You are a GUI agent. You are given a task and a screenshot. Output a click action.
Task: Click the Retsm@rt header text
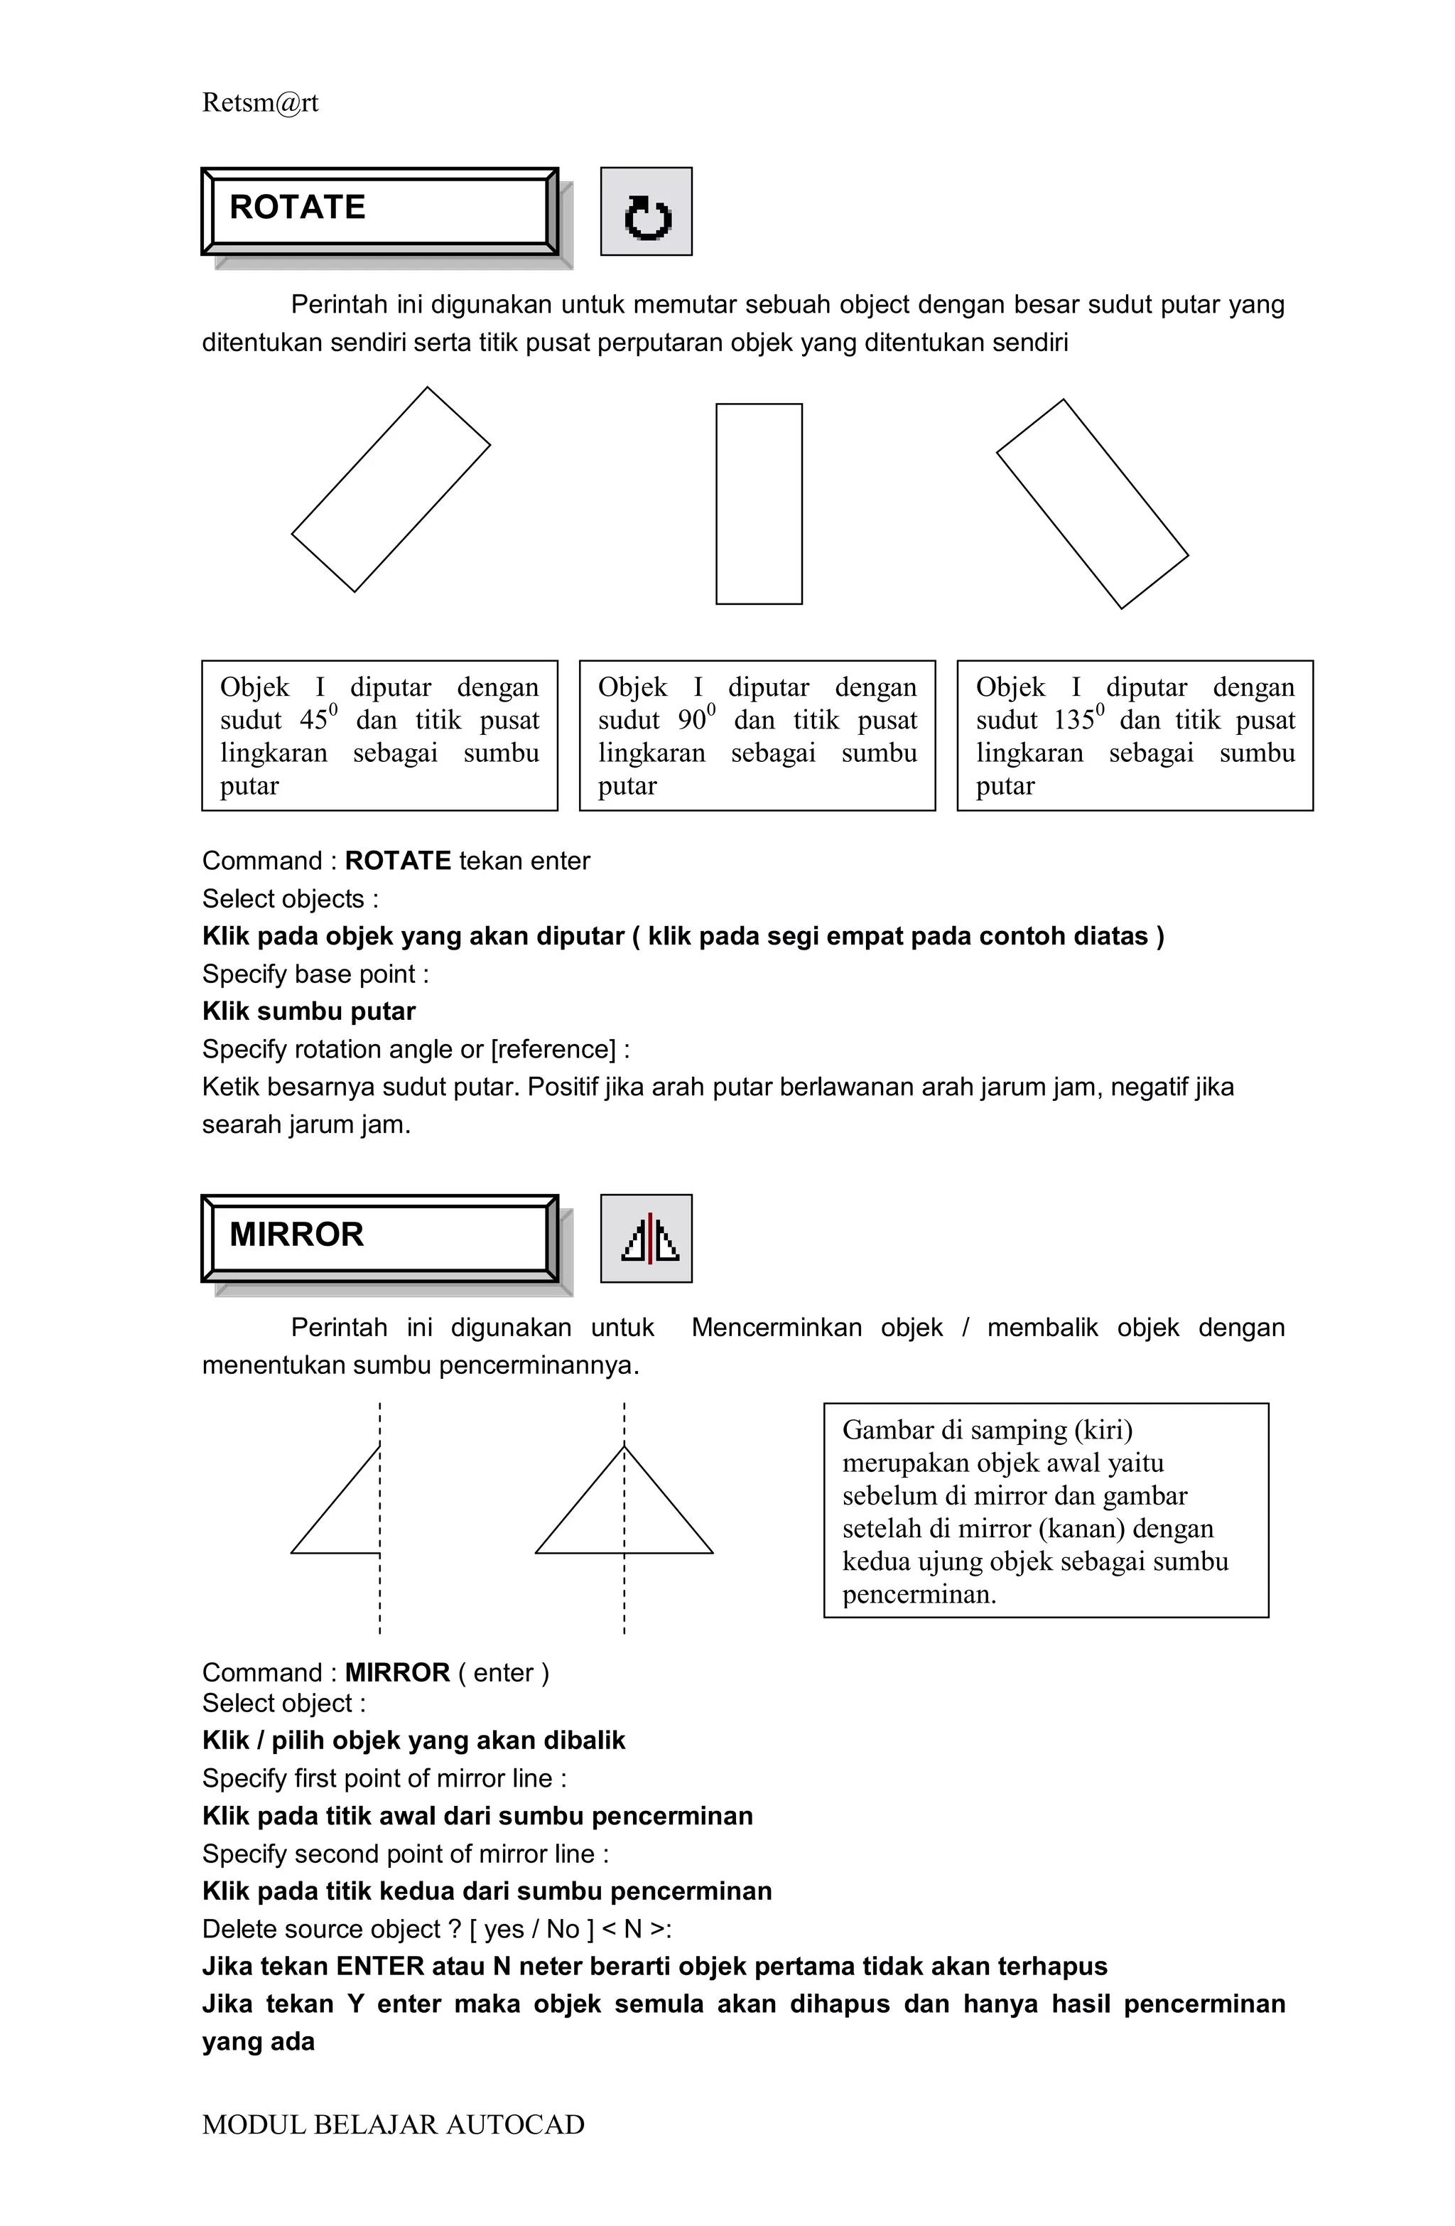(x=260, y=103)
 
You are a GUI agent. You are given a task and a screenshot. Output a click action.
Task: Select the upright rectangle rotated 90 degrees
(x=758, y=504)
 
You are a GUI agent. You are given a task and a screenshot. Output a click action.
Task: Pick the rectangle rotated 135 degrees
(x=1091, y=504)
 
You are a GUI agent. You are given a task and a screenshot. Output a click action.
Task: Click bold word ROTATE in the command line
(x=397, y=861)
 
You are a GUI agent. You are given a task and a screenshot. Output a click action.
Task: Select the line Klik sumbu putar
(x=308, y=1012)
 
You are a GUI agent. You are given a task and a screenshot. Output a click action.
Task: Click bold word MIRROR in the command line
(x=397, y=1673)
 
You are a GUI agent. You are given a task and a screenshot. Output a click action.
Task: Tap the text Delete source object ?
(x=331, y=1930)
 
